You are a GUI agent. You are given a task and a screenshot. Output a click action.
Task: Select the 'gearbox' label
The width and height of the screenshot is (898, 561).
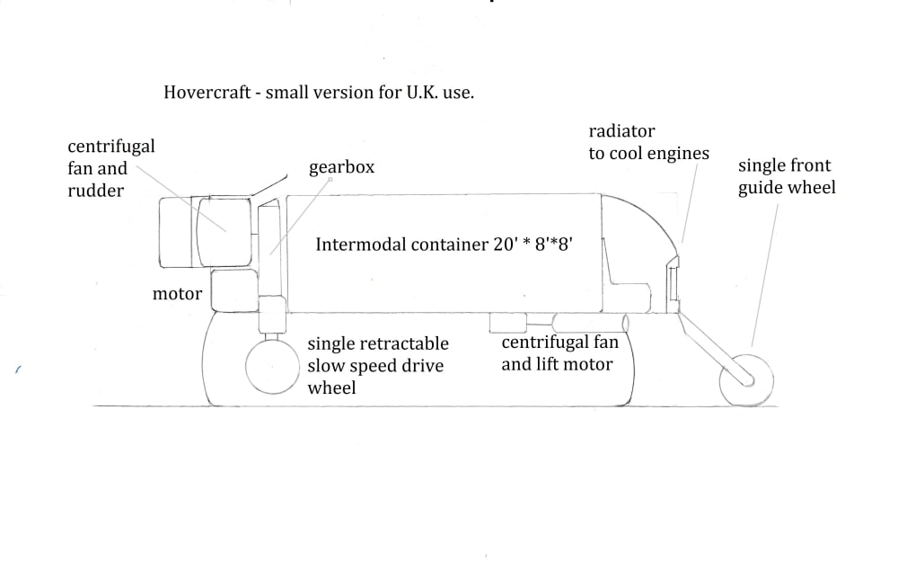(x=341, y=168)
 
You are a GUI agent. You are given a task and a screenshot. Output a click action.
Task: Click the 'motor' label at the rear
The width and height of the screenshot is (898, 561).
(x=177, y=294)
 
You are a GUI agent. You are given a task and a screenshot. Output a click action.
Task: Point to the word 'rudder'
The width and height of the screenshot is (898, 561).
(x=95, y=190)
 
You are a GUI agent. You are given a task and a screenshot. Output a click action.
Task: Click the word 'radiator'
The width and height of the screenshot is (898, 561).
(x=621, y=132)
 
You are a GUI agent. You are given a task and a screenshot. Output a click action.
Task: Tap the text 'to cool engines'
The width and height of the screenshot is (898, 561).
(x=648, y=154)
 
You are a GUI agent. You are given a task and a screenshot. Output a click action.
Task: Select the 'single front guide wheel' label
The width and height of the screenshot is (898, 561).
(x=786, y=176)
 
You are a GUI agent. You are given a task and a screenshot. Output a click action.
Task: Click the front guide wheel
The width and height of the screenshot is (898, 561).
(x=746, y=380)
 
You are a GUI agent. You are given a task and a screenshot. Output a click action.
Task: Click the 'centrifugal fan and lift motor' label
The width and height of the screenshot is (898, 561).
(x=557, y=353)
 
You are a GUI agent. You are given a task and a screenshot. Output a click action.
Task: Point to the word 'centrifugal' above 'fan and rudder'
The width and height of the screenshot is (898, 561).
(x=111, y=147)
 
